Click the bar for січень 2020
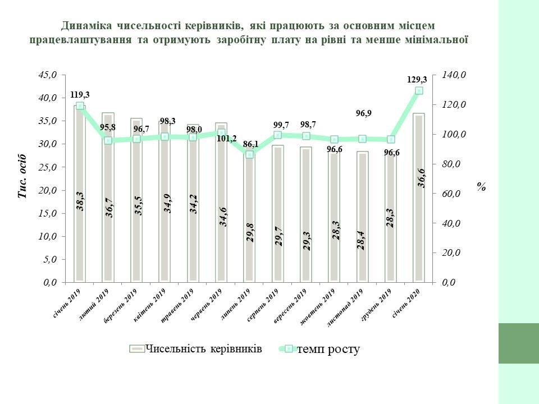pyautogui.click(x=419, y=224)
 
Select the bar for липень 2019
pyautogui.click(x=249, y=236)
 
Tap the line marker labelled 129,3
pyautogui.click(x=419, y=90)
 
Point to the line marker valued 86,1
pyautogui.click(x=249, y=154)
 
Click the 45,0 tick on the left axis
pyautogui.click(x=48, y=75)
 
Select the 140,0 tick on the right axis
pyautogui.click(x=451, y=75)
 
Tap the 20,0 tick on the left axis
pyautogui.click(x=48, y=190)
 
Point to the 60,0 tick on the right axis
pyautogui.click(x=449, y=194)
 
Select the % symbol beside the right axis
pyautogui.click(x=481, y=187)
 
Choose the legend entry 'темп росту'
pyautogui.click(x=327, y=349)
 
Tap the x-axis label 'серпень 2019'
pyautogui.click(x=264, y=305)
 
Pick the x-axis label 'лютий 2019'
pyautogui.click(x=95, y=304)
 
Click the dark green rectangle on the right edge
pyautogui.click(x=518, y=343)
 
